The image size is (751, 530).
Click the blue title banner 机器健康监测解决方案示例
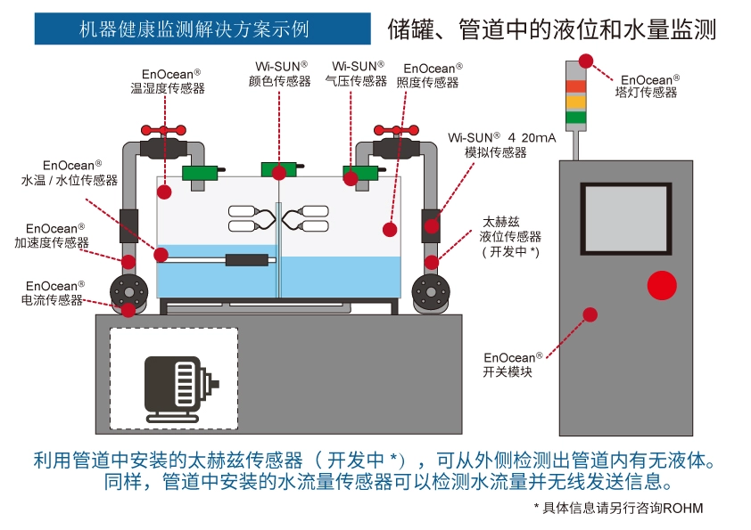tap(202, 29)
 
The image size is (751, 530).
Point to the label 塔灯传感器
tap(646, 92)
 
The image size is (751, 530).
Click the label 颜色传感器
tap(280, 81)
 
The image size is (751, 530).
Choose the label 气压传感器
tap(356, 81)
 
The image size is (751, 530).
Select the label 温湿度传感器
tap(168, 88)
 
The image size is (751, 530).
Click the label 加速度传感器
tap(52, 242)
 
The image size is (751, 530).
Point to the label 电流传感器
tap(52, 300)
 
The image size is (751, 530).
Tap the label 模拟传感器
tap(496, 152)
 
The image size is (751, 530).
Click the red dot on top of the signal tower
tap(586, 61)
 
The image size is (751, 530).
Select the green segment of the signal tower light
tap(575, 117)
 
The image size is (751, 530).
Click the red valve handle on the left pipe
tap(167, 130)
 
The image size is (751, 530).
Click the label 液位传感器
tap(510, 236)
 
